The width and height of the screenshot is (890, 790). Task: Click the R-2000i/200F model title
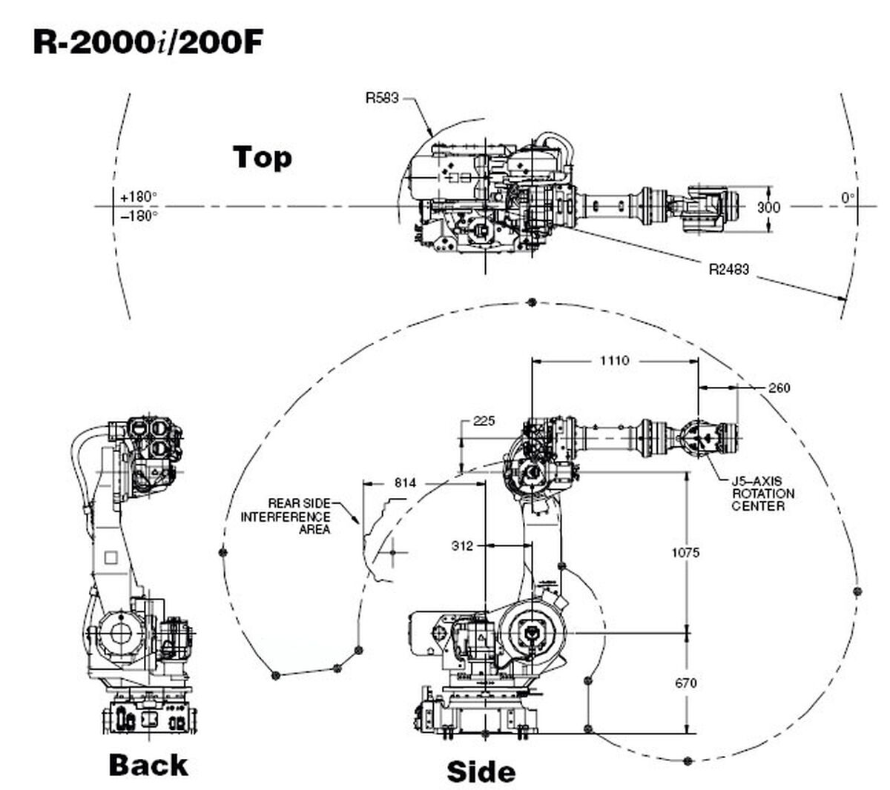(x=148, y=42)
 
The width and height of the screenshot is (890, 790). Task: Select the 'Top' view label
(x=262, y=157)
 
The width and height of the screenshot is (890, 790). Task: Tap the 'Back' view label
(x=148, y=764)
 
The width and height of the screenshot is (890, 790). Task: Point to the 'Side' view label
(x=481, y=771)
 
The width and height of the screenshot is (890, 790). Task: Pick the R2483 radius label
(x=728, y=269)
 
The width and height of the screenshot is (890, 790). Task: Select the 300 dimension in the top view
(x=768, y=207)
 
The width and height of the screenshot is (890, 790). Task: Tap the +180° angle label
(x=139, y=197)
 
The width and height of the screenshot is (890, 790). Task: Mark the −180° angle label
(x=139, y=216)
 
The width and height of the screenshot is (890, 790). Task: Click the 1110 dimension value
(x=614, y=361)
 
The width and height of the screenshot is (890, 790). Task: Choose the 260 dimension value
(x=779, y=388)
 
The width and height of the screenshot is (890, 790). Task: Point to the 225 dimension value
(x=484, y=421)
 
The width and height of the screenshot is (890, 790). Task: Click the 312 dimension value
(x=463, y=545)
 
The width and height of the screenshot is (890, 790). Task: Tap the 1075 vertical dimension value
(x=685, y=552)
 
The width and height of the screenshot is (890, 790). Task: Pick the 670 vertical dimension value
(x=685, y=683)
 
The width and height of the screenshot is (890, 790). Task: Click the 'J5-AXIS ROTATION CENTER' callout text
(x=757, y=494)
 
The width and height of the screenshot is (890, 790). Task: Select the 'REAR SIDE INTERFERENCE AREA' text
(x=286, y=516)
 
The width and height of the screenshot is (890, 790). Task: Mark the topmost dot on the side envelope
(x=531, y=302)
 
